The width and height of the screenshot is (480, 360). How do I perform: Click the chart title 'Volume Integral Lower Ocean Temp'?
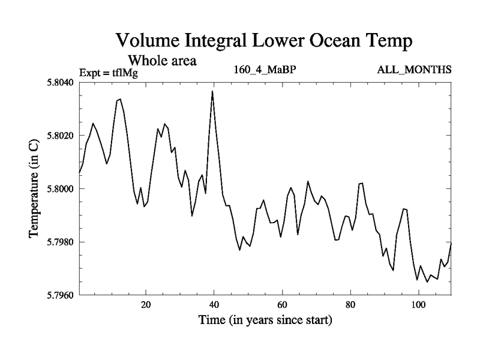[265, 41]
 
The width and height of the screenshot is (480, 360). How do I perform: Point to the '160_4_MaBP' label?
[265, 70]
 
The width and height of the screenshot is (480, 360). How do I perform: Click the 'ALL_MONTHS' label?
[414, 70]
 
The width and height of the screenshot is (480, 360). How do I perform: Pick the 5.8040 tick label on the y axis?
[59, 82]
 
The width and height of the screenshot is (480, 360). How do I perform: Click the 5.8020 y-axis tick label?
[59, 136]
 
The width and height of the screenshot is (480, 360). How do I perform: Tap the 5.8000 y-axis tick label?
[59, 189]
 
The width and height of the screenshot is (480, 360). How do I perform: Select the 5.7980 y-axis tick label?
[59, 242]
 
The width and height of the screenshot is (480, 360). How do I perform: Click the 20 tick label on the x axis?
[146, 304]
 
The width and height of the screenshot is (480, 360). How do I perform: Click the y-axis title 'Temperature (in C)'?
[35, 188]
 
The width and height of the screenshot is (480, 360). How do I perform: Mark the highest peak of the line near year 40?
[212, 91]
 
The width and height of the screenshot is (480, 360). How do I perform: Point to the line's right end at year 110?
[451, 243]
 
